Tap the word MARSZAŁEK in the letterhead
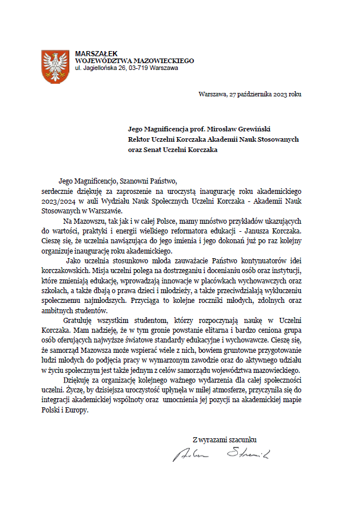(x=94, y=54)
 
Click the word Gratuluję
(x=81, y=320)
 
